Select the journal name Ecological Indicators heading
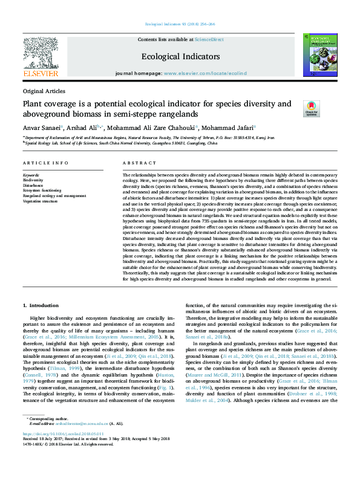tap(180, 56)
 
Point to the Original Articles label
tap(44, 91)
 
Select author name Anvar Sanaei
tap(42, 128)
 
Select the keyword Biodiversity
tap(33, 180)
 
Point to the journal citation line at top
tap(180, 24)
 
